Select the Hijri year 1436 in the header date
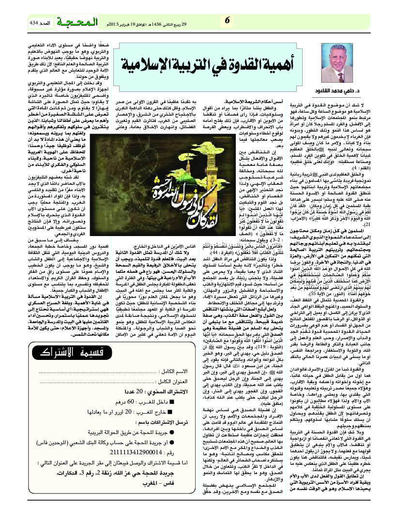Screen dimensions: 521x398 (163, 23)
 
